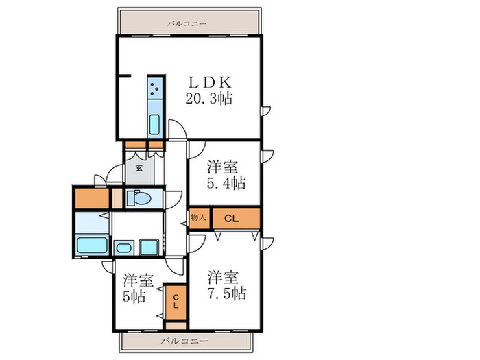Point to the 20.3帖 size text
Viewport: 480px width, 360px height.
(x=208, y=98)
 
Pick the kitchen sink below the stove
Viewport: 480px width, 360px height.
(x=155, y=125)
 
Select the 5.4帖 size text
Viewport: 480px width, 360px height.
(x=226, y=183)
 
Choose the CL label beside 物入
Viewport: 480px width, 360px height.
(x=231, y=219)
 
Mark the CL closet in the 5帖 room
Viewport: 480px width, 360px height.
(x=176, y=302)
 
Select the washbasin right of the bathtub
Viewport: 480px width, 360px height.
(x=124, y=248)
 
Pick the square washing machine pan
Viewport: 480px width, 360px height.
(x=148, y=247)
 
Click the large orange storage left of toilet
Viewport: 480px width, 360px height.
(x=92, y=197)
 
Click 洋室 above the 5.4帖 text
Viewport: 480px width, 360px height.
(x=223, y=166)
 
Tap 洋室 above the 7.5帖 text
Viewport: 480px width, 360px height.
(x=224, y=278)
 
